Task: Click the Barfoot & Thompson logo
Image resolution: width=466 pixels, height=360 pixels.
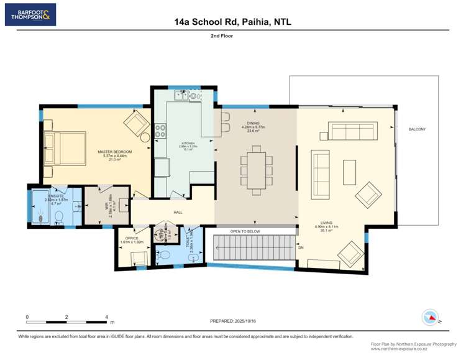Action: pos(30,14)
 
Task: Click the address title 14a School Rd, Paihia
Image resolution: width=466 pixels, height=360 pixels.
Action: pos(233,22)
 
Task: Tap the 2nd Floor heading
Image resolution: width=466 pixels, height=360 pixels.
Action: pos(233,36)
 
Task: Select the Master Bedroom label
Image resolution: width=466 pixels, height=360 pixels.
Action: pos(114,155)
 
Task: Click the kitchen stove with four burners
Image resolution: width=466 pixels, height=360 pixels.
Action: pos(160,131)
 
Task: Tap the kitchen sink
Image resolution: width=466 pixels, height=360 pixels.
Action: pos(181,96)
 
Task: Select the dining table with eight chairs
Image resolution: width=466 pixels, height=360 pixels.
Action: pos(257,167)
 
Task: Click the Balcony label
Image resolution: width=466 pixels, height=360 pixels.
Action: pos(417,129)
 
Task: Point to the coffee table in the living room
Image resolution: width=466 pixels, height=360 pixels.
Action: pos(349,169)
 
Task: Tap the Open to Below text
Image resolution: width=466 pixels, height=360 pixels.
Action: pos(245,231)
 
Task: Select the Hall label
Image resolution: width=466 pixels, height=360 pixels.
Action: pos(178,213)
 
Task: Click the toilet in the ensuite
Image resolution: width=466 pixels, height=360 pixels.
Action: pos(60,216)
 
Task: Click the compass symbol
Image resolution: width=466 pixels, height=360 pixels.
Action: pos(430,317)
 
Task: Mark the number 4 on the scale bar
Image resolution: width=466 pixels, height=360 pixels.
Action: pos(107,317)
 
